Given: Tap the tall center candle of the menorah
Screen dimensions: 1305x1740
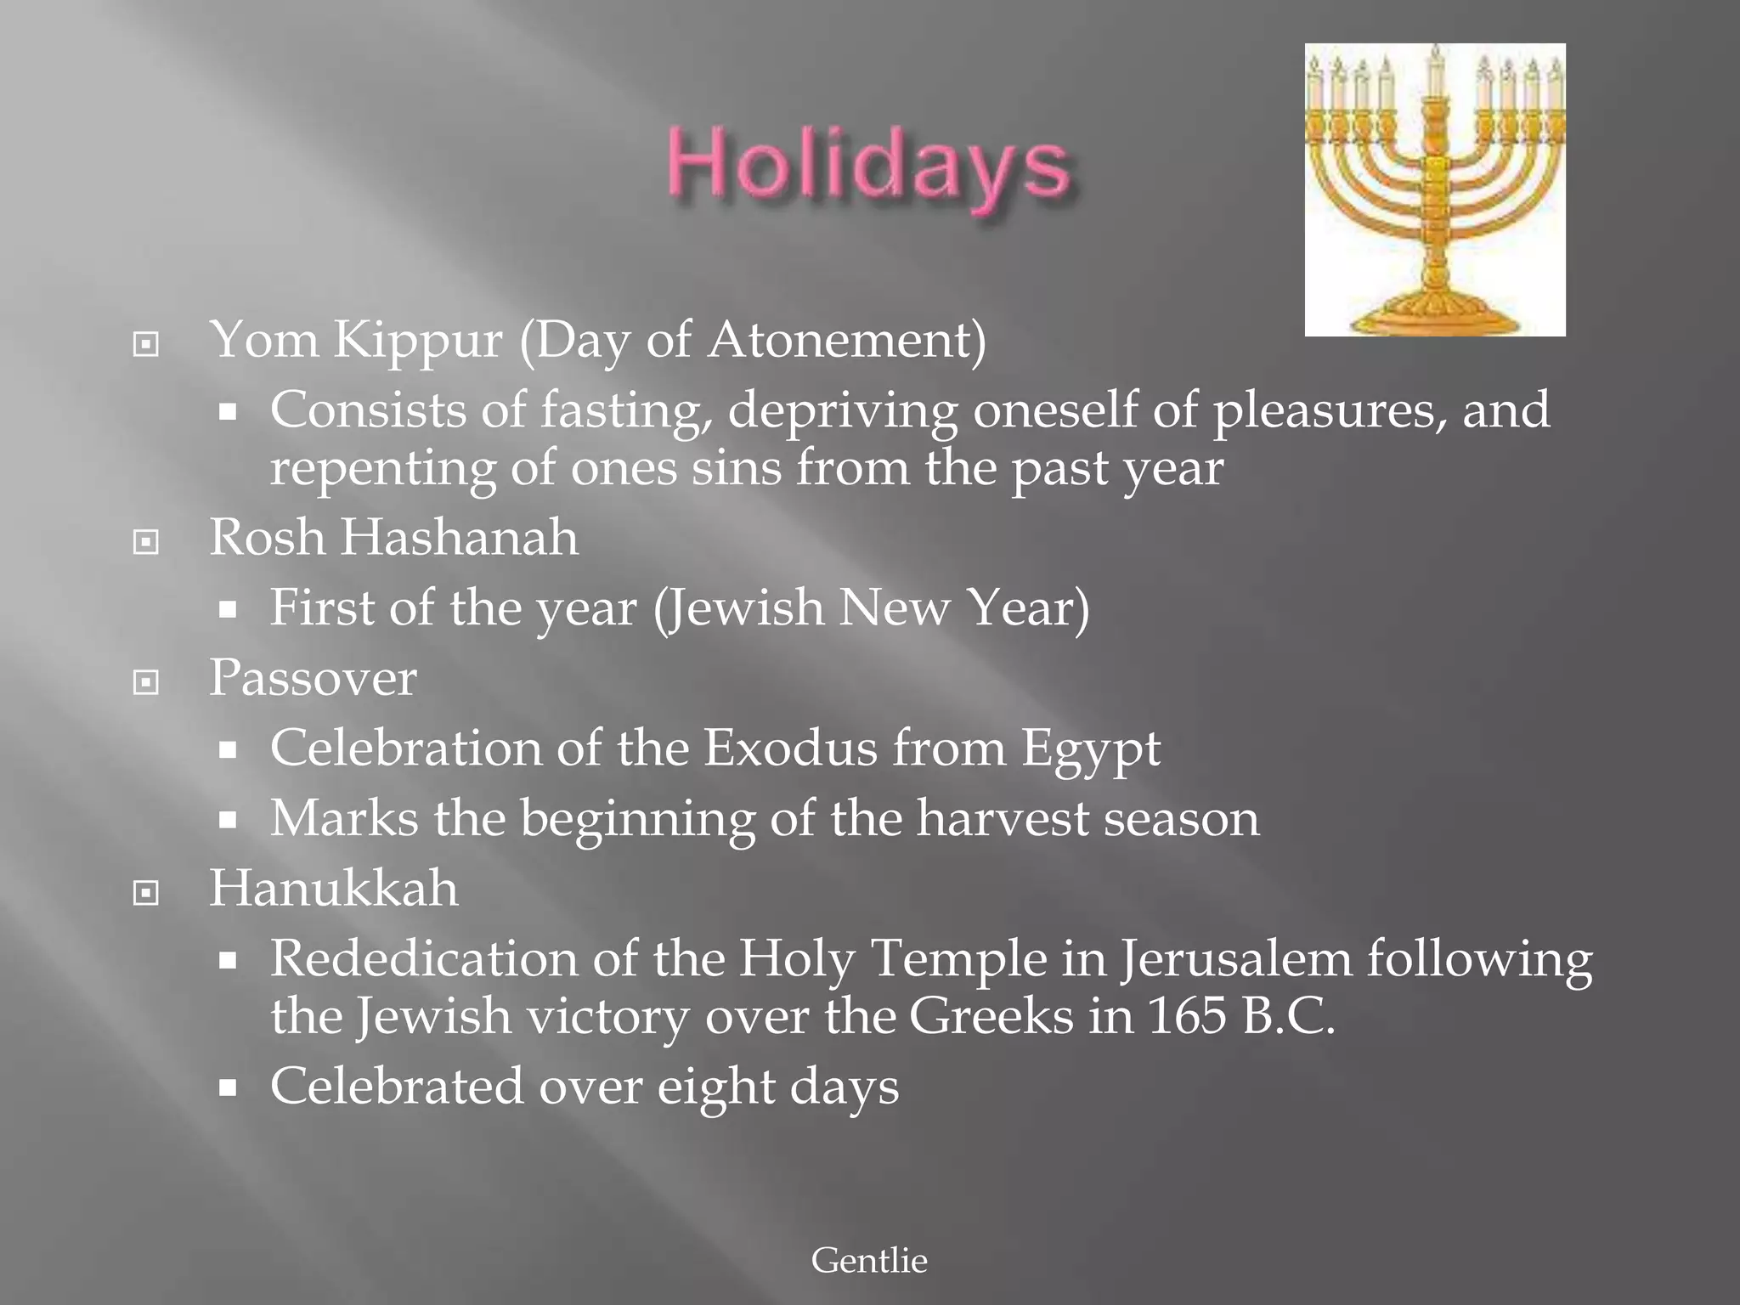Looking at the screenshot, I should [1436, 72].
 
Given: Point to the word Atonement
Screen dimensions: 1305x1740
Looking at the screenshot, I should [840, 340].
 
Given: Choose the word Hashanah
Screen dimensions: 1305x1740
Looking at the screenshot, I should [459, 538].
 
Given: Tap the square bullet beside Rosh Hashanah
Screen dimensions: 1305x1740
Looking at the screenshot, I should [146, 541].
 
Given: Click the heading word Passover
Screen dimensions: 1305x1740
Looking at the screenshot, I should [313, 679].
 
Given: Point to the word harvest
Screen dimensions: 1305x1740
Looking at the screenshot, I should [1003, 819].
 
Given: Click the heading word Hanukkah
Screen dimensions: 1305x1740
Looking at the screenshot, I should [334, 889].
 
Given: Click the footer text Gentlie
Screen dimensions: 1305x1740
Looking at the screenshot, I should [869, 1260].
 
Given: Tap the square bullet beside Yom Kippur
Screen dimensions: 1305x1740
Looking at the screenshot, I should [146, 344].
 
